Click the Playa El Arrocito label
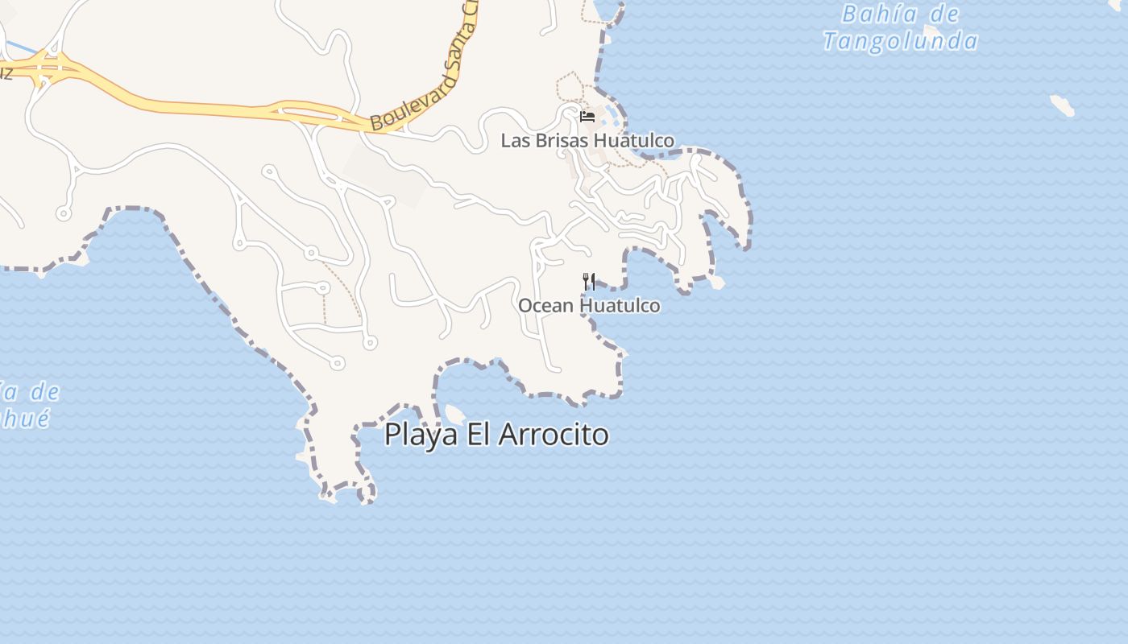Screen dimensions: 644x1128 tap(496, 435)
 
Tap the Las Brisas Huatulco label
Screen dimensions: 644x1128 tap(587, 141)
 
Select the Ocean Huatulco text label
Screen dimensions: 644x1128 tap(589, 306)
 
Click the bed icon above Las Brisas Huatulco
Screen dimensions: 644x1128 tap(587, 117)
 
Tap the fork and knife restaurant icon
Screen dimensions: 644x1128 tap(589, 282)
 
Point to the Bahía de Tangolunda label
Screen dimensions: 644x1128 tap(901, 27)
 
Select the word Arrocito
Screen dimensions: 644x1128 tap(554, 435)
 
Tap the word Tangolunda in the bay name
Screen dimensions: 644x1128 tap(901, 41)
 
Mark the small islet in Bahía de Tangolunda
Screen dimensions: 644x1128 tap(1062, 105)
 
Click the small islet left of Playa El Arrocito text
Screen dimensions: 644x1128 tap(454, 415)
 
